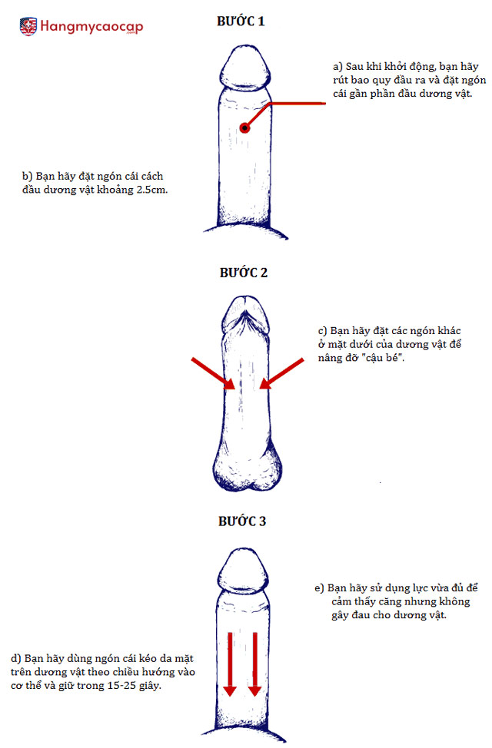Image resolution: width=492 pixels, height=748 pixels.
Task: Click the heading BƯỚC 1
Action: click(241, 22)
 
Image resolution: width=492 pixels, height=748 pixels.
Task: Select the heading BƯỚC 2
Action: click(243, 273)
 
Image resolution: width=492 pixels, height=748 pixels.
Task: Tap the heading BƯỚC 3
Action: click(243, 521)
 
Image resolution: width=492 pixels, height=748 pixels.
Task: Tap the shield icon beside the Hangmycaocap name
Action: click(28, 26)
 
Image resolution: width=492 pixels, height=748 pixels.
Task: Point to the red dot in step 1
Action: click(245, 128)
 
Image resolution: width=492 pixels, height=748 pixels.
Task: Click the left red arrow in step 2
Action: click(214, 374)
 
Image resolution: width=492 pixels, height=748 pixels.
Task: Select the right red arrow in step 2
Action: click(282, 374)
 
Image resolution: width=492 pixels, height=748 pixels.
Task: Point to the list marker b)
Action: click(28, 177)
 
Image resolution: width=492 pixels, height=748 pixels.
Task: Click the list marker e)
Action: click(318, 587)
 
